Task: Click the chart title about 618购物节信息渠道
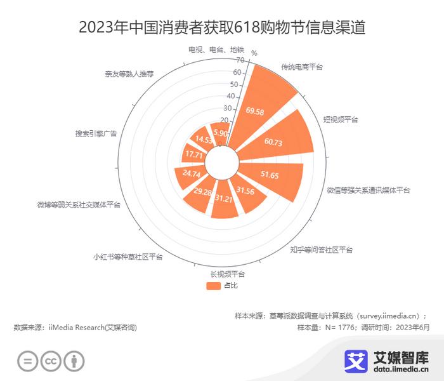(x=222, y=28)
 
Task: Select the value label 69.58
(x=255, y=111)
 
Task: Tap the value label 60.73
(x=273, y=142)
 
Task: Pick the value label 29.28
(x=202, y=192)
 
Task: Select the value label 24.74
(x=191, y=173)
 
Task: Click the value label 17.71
(x=193, y=154)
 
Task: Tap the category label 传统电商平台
(x=302, y=67)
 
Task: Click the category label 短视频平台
(x=341, y=119)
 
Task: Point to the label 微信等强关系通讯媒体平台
(x=369, y=190)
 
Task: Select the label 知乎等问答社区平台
(x=321, y=250)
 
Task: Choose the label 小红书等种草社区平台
(x=127, y=257)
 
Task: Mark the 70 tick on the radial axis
(x=240, y=60)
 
